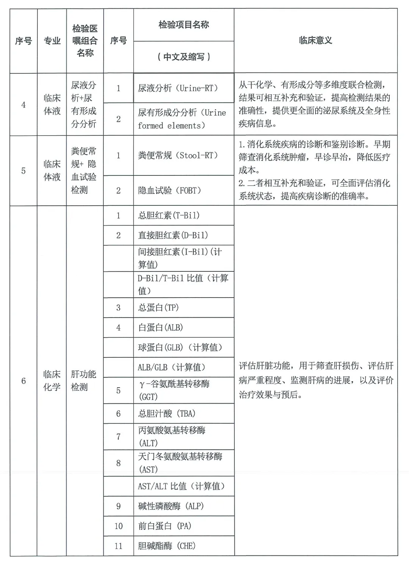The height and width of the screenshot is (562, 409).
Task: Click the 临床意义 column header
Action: pyautogui.click(x=315, y=41)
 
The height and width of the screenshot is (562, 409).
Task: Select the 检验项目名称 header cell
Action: pyautogui.click(x=184, y=25)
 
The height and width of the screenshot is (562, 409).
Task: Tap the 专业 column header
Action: pyautogui.click(x=52, y=41)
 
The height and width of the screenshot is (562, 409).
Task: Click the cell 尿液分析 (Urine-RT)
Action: pyautogui.click(x=178, y=88)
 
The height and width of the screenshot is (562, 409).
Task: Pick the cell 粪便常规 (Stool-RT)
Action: pyautogui.click(x=178, y=155)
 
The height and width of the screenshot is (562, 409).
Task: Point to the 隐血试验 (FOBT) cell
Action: pyautogui.click(x=170, y=190)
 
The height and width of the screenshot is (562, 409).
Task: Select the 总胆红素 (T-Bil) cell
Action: pyautogui.click(x=169, y=216)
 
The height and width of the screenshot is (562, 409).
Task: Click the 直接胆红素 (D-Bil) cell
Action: pyautogui.click(x=173, y=235)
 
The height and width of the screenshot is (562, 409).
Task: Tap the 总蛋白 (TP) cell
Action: pyautogui.click(x=158, y=307)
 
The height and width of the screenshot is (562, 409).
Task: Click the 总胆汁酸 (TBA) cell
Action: pyautogui.click(x=167, y=413)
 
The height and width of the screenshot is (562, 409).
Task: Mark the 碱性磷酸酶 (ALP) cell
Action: pyautogui.click(x=171, y=506)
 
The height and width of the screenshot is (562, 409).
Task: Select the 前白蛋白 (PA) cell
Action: pyautogui.click(x=165, y=526)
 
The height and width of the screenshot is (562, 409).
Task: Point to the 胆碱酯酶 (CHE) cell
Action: pyautogui.click(x=167, y=546)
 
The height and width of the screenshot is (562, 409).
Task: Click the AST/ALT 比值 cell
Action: pyautogui.click(x=181, y=486)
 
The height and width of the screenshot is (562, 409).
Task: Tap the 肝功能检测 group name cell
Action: pyautogui.click(x=84, y=380)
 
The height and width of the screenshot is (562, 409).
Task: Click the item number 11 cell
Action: pyautogui.click(x=119, y=546)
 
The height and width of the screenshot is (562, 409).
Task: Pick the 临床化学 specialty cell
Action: pyautogui.click(x=52, y=380)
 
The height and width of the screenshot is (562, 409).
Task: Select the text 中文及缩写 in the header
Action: pyautogui.click(x=184, y=57)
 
